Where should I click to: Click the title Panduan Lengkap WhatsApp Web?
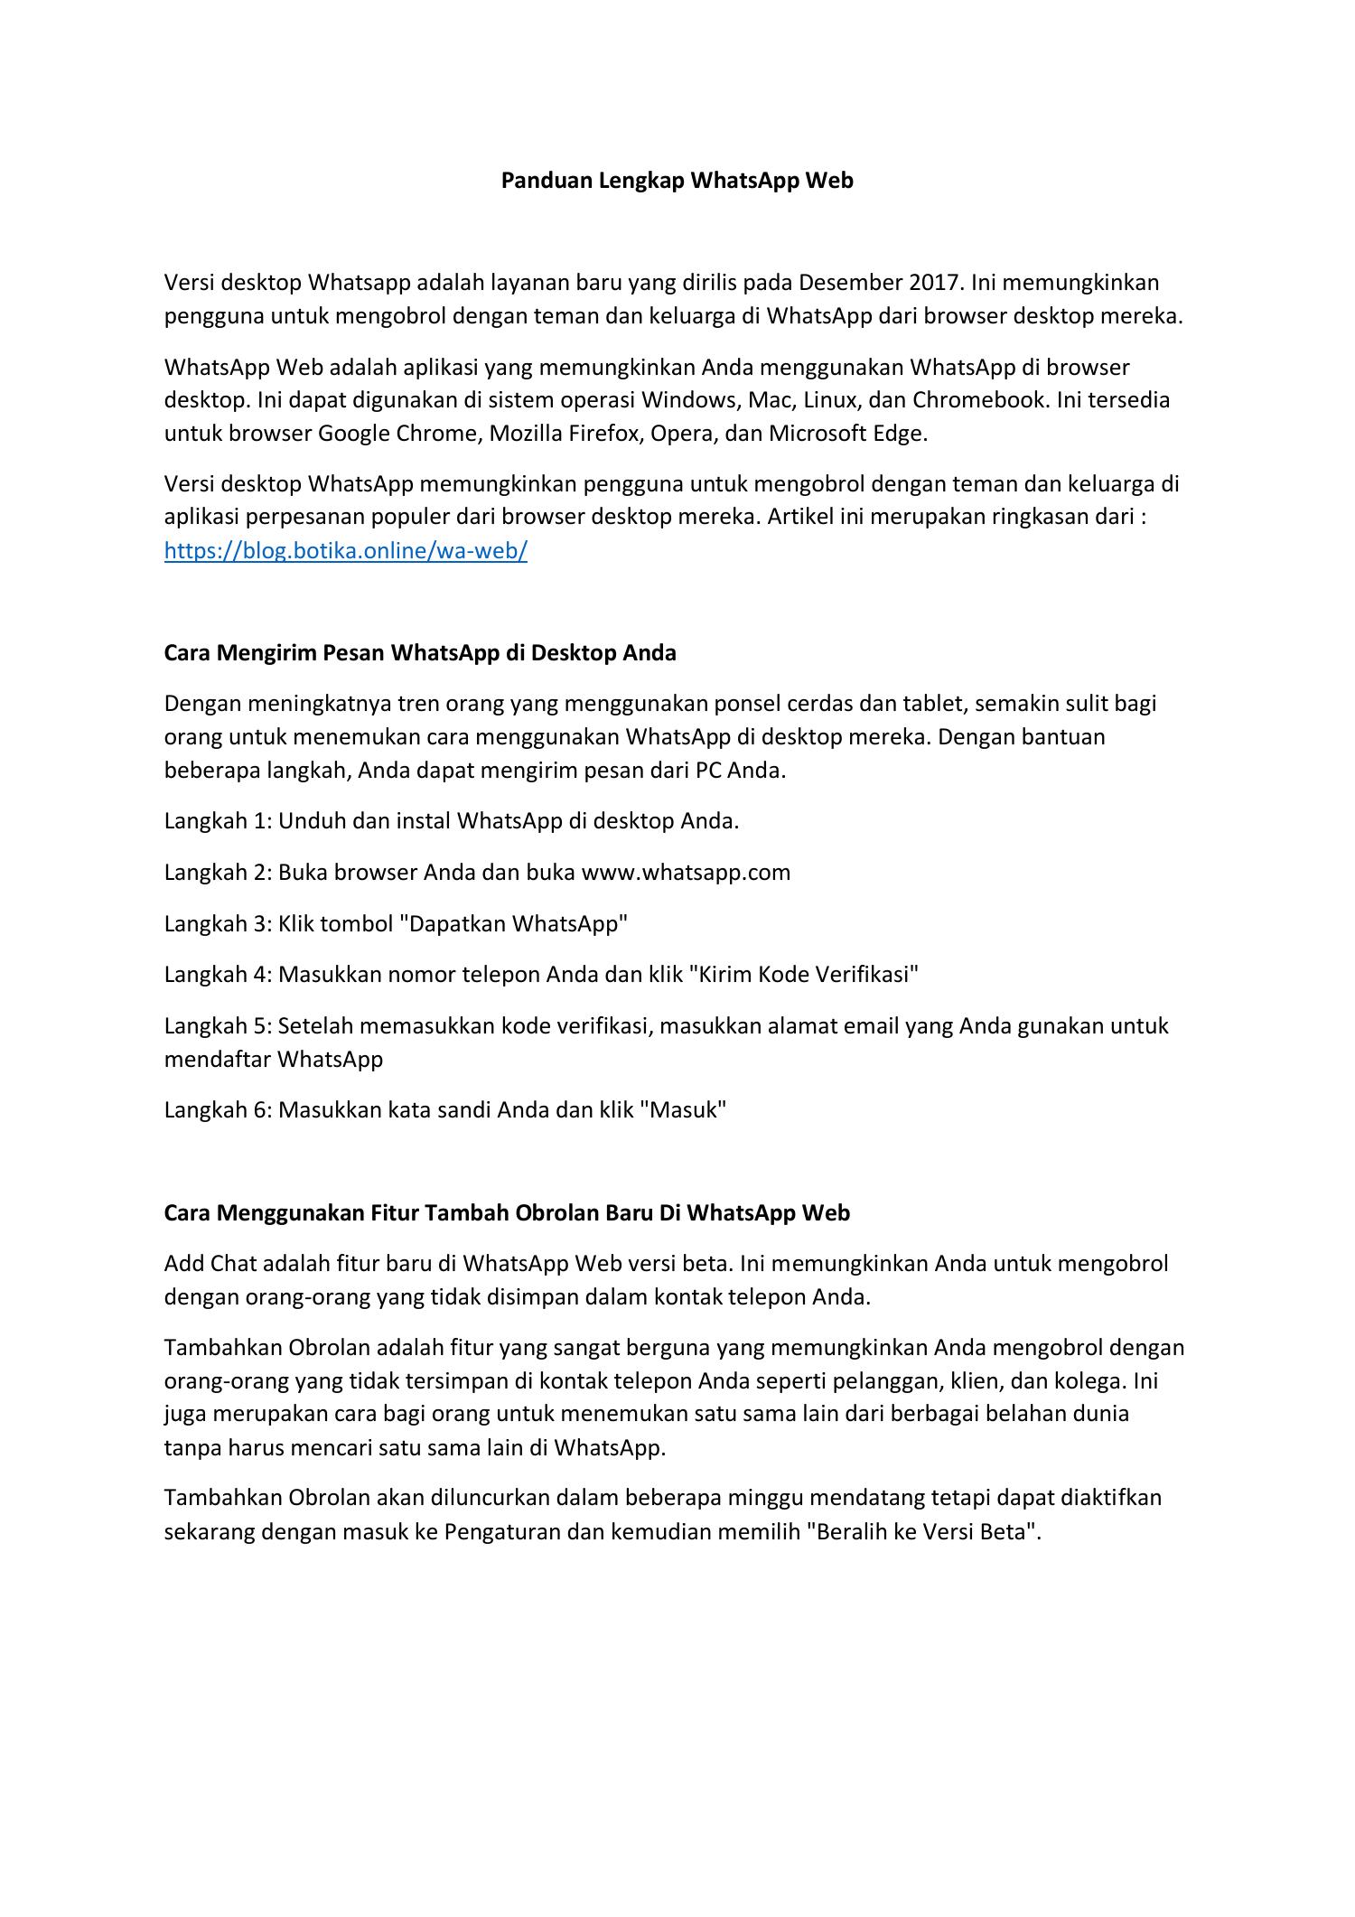[677, 181]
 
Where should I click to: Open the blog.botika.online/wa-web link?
[345, 551]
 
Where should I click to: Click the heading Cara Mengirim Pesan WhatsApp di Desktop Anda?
[420, 653]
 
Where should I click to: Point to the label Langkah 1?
[218, 821]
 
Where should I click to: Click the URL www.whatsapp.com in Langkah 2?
[686, 873]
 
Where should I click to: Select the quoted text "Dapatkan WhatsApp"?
[513, 924]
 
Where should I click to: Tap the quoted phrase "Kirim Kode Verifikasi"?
[803, 975]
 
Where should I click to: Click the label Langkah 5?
[218, 1026]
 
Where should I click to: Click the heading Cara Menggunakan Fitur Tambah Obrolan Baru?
[507, 1213]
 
